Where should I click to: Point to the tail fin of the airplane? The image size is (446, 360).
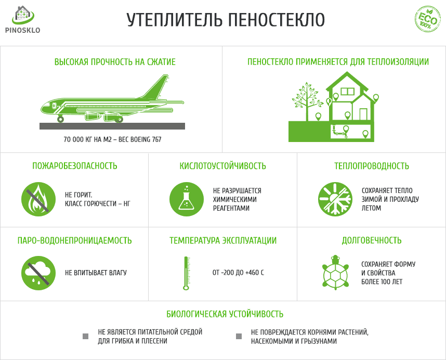point(160,86)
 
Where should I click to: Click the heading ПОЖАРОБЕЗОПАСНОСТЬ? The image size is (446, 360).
point(75,166)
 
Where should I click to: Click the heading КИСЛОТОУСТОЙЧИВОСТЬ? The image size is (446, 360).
point(222,166)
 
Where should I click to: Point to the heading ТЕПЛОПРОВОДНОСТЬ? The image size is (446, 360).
point(371,166)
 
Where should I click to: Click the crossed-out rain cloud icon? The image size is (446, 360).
point(38,273)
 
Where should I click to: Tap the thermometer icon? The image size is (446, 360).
point(185,273)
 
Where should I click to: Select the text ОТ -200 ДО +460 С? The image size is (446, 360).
point(238,273)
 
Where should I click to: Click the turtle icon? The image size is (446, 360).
point(335,272)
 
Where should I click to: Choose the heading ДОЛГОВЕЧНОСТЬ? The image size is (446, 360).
point(371,240)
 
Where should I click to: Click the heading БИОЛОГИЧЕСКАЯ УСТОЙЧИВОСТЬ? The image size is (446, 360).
point(225,314)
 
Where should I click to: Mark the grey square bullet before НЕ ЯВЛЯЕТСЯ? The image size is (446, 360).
point(86,336)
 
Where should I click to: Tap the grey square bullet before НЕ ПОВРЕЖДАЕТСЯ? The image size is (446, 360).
point(239,336)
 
